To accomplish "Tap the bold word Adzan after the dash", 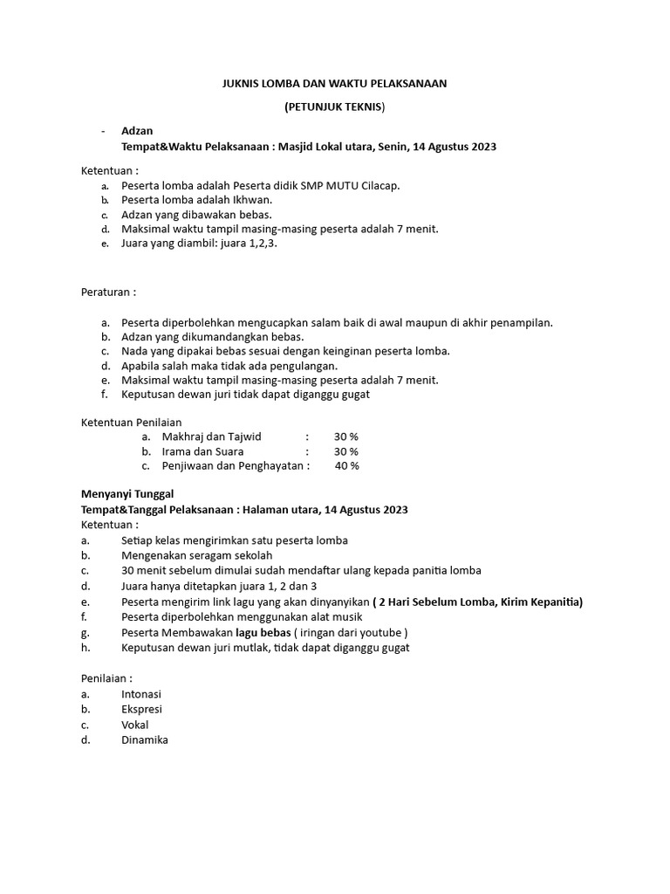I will tap(137, 131).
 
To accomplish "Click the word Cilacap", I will tap(380, 185).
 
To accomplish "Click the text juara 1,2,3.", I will tap(247, 244).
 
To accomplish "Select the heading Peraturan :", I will tap(109, 291).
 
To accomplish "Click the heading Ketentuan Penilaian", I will tap(131, 423).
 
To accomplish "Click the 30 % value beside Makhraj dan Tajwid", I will tap(346, 437).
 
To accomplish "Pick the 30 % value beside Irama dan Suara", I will tap(346, 451).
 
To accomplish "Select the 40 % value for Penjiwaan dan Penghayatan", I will tap(347, 466).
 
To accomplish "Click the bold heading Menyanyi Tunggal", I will tap(127, 494).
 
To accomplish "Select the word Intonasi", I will tap(141, 694).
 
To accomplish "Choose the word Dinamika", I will tap(145, 739).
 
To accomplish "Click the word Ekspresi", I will tap(141, 709).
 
